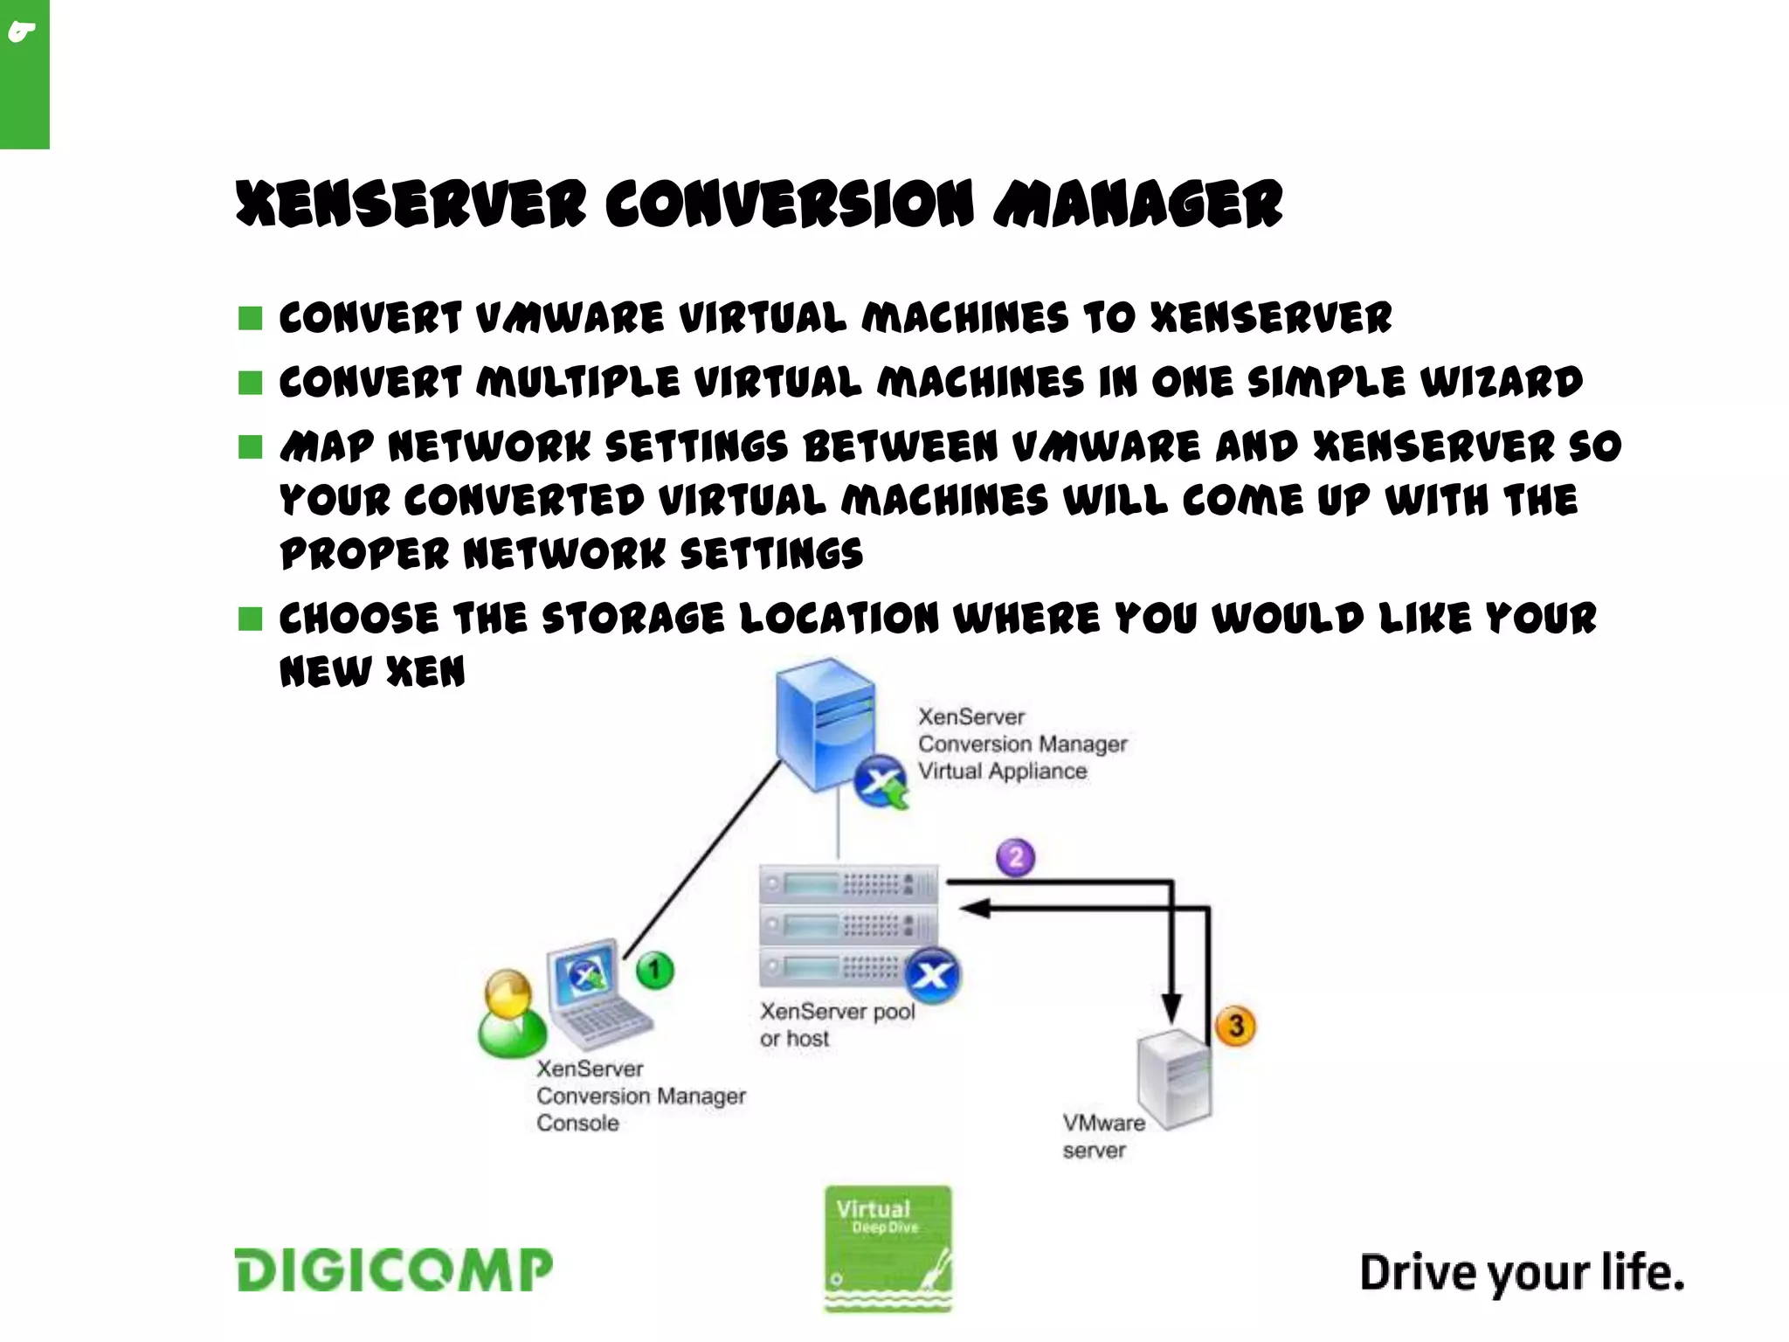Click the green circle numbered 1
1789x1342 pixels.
click(654, 971)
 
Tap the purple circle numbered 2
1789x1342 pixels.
click(1015, 857)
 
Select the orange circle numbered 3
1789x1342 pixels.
click(1235, 1026)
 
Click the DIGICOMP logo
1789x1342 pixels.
click(393, 1269)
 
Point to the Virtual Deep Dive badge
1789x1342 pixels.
click(888, 1248)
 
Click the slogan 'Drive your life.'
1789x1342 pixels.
click(1521, 1272)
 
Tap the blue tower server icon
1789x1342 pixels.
click(825, 725)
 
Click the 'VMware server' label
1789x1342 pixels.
click(1102, 1136)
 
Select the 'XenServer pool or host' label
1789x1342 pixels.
click(836, 1024)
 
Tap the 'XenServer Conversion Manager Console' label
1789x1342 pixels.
click(640, 1096)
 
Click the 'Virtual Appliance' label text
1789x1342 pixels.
click(1002, 771)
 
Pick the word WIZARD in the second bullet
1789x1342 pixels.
click(1501, 382)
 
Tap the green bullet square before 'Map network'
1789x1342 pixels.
click(251, 447)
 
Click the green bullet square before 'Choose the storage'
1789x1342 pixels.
click(251, 619)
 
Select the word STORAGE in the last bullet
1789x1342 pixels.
click(633, 619)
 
